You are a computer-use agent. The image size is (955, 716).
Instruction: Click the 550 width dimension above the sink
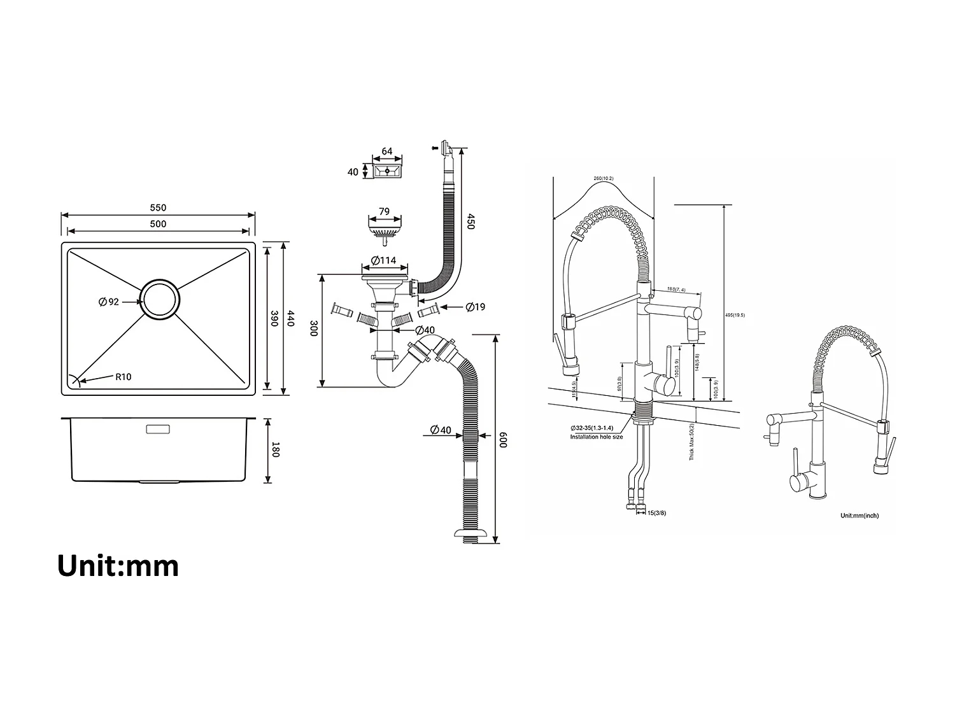pyautogui.click(x=158, y=207)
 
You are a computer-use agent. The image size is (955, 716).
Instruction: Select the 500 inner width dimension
pyautogui.click(x=158, y=223)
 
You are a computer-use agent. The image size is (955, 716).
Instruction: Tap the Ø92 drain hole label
pyautogui.click(x=109, y=302)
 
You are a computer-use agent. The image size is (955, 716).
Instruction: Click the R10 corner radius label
pyautogui.click(x=123, y=377)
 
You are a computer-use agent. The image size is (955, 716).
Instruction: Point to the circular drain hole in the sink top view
pyautogui.click(x=160, y=298)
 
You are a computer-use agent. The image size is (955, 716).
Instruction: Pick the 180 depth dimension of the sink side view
pyautogui.click(x=275, y=449)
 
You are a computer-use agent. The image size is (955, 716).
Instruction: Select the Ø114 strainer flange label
pyautogui.click(x=383, y=260)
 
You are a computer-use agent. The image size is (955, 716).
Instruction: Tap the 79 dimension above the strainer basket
pyautogui.click(x=384, y=211)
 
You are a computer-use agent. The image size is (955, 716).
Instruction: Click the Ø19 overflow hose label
pyautogui.click(x=475, y=307)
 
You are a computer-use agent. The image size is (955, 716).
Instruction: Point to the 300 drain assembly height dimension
pyautogui.click(x=313, y=329)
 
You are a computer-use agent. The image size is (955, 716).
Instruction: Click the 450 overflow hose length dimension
pyautogui.click(x=470, y=221)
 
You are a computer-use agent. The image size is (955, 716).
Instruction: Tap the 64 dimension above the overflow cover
pyautogui.click(x=386, y=152)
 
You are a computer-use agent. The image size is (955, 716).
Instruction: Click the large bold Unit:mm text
pyautogui.click(x=118, y=566)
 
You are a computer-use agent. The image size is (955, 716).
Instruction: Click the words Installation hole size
pyautogui.click(x=596, y=437)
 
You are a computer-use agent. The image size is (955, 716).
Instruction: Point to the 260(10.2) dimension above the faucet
pyautogui.click(x=603, y=178)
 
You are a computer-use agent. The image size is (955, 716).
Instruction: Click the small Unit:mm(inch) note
pyautogui.click(x=860, y=516)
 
